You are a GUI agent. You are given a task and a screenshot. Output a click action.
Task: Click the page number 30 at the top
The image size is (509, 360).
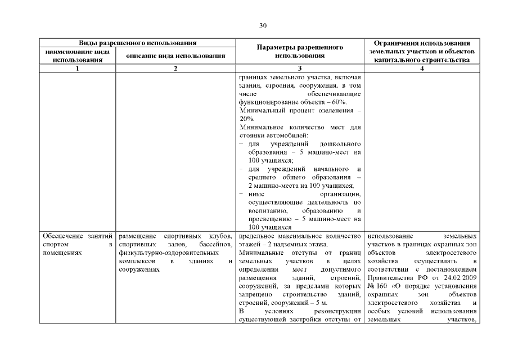(263, 25)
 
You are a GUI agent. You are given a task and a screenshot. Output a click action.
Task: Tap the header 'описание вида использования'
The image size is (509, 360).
(175, 56)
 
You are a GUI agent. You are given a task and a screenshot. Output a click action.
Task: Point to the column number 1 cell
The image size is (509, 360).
(78, 69)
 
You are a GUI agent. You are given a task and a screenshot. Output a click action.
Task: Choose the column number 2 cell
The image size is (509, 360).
(175, 69)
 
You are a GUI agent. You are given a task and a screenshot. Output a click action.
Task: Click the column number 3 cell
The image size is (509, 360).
(300, 69)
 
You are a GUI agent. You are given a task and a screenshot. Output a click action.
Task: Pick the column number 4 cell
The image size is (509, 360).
(422, 69)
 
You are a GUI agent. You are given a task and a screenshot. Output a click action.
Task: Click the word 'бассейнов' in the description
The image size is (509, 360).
(215, 245)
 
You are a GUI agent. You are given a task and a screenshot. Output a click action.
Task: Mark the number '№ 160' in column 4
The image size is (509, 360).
(375, 286)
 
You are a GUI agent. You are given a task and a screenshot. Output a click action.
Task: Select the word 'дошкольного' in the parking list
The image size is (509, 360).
(340, 145)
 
